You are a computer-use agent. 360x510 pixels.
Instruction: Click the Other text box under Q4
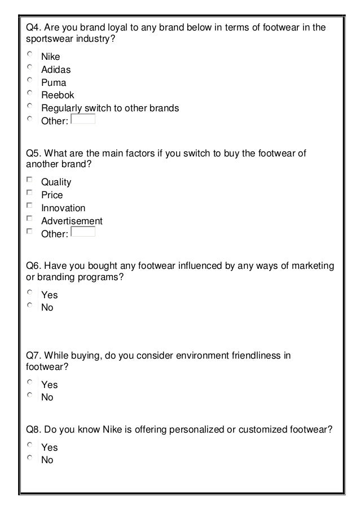84,119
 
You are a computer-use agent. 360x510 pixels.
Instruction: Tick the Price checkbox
30,193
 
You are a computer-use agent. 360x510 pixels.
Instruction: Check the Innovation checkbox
30,206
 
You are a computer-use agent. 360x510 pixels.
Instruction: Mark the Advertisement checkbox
30,219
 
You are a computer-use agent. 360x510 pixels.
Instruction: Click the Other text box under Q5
84,232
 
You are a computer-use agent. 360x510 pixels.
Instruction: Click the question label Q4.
34,27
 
